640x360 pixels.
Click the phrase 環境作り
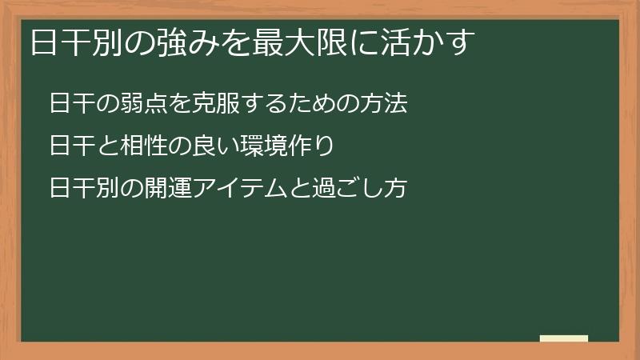pyautogui.click(x=285, y=146)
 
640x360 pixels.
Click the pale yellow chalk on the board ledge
pyautogui.click(x=564, y=338)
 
